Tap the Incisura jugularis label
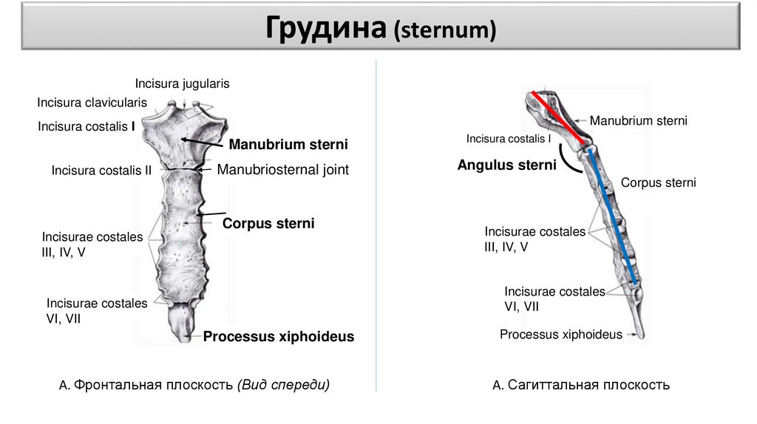(182, 83)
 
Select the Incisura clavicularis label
(92, 102)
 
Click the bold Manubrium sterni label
(288, 143)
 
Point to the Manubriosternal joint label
(282, 169)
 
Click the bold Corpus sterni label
(268, 222)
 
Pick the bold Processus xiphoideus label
(279, 336)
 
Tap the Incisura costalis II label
(101, 171)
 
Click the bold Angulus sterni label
(506, 165)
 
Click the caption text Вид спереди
(284, 385)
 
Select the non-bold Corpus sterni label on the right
(658, 182)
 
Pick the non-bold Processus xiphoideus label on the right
(561, 335)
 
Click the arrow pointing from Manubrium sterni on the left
(203, 142)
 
